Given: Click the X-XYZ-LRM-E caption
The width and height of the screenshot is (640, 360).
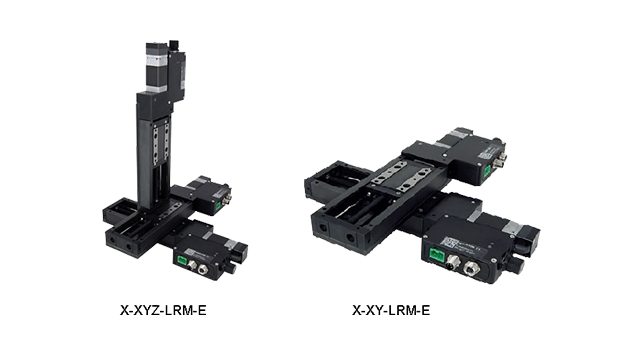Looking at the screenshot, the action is coord(163,310).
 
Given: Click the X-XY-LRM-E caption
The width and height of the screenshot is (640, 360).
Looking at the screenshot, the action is coord(391,310).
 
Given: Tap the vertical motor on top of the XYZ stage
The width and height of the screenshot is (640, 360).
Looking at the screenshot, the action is coord(157,67).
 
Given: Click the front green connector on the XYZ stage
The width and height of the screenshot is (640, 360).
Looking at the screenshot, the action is coord(182,260).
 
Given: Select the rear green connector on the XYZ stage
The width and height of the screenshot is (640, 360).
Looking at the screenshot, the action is coord(218,206).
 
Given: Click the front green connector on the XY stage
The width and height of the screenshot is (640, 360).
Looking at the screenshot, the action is coord(437,254).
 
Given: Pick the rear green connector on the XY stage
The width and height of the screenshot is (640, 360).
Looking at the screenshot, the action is coord(487,171).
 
